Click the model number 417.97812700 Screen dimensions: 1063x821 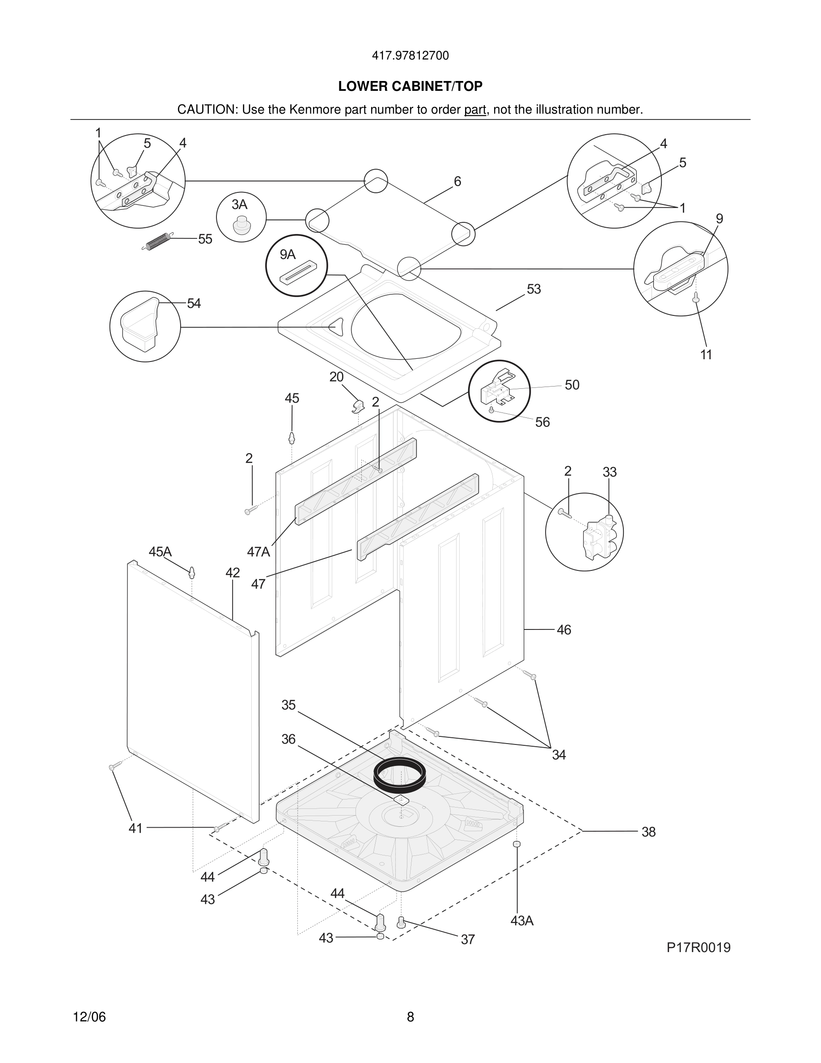point(410,56)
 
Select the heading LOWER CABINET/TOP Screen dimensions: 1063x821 point(410,86)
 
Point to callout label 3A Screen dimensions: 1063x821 point(239,204)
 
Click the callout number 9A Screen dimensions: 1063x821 point(288,254)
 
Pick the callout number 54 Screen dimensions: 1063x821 point(194,304)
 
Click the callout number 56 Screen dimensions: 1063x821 point(542,422)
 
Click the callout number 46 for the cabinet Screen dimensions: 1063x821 point(563,630)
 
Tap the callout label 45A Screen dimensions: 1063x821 point(160,552)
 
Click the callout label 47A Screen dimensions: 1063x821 point(258,552)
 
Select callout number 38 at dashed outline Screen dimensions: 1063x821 point(648,832)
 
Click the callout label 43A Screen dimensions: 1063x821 point(522,921)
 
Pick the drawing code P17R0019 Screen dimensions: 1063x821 point(698,948)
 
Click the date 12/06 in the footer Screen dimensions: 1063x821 point(89,1017)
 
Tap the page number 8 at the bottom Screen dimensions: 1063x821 point(410,1017)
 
